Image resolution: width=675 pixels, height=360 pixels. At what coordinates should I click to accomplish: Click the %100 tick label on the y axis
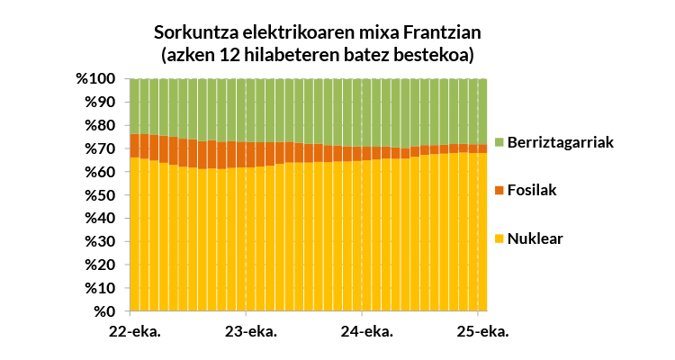pos(94,79)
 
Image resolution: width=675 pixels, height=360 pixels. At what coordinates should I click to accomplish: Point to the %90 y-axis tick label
pos(98,103)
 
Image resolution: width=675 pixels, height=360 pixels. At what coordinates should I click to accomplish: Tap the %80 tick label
pos(98,126)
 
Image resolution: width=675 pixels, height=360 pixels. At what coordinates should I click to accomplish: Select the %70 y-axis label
pos(98,149)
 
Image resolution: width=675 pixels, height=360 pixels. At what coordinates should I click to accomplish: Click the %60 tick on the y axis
pos(98,173)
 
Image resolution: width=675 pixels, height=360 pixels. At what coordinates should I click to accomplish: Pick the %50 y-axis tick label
pos(98,195)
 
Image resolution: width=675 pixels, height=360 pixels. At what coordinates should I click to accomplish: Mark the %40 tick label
pos(98,219)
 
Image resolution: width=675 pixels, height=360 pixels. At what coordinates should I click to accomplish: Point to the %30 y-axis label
pos(98,242)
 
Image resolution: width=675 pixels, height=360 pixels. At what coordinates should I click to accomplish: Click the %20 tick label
pos(98,265)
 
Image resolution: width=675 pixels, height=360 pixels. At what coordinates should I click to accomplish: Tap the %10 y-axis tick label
pos(98,289)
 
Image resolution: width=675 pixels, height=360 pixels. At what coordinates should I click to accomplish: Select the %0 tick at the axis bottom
pos(103,312)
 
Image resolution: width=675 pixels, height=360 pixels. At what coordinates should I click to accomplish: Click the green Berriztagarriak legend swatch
pos(499,143)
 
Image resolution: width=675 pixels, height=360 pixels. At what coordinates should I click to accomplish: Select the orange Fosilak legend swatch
pos(499,191)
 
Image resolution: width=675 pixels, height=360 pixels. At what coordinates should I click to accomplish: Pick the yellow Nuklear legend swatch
pos(499,238)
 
